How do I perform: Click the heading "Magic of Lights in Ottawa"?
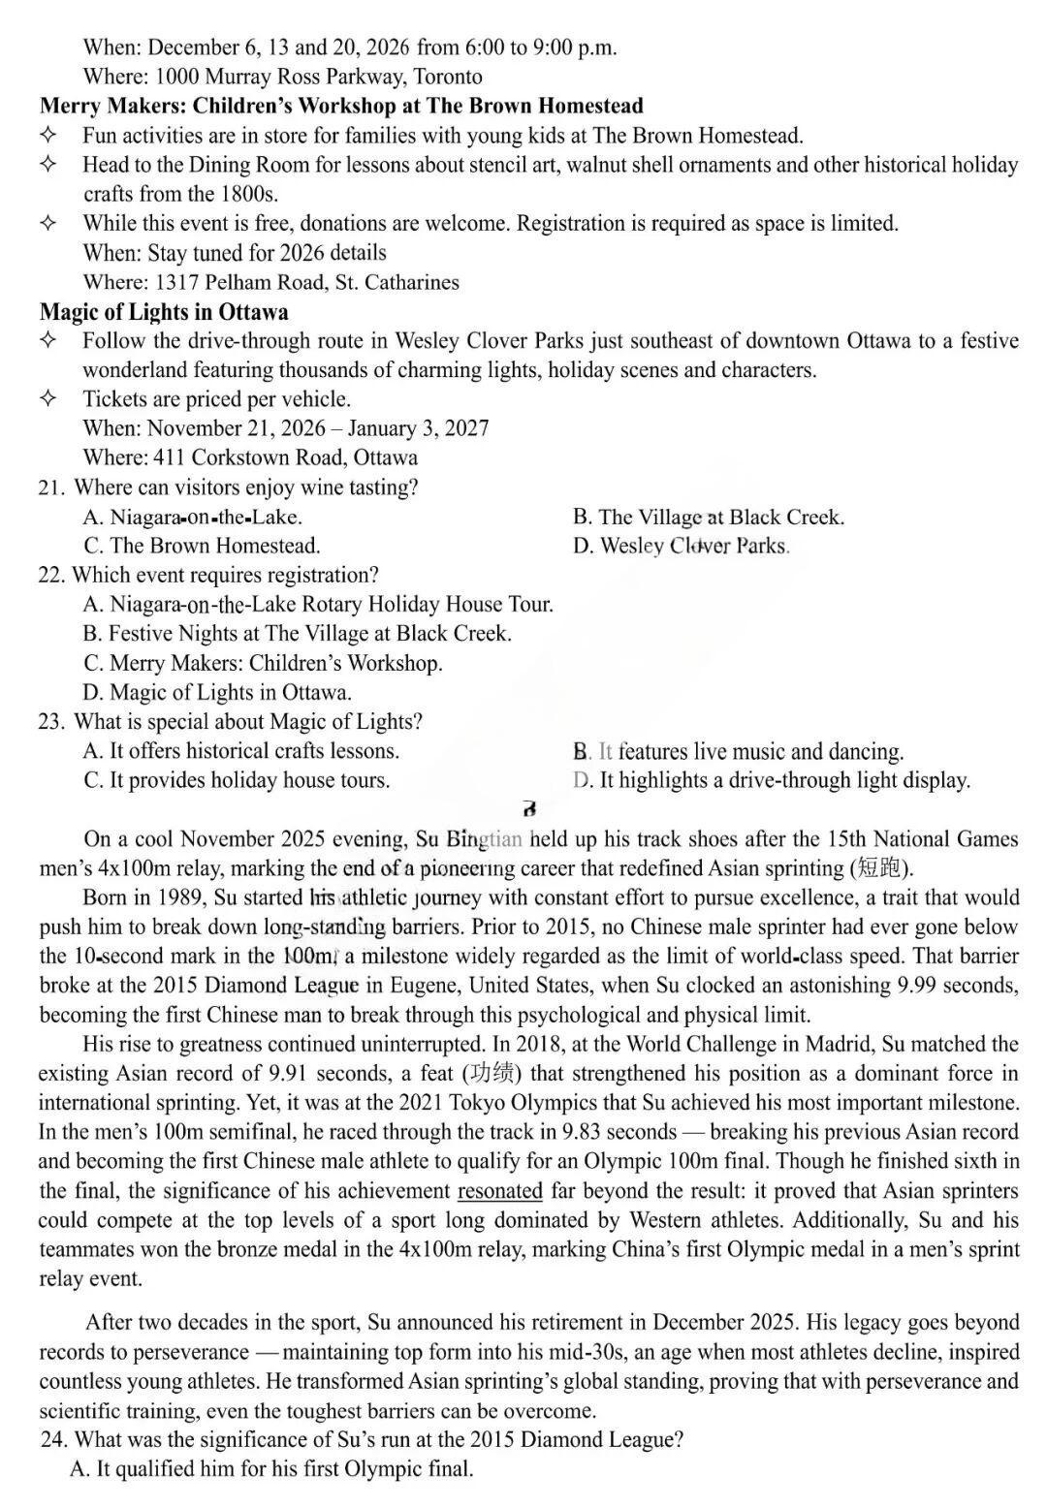164,312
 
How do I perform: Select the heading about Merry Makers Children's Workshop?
341,106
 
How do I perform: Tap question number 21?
50,487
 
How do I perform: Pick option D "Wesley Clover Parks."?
682,546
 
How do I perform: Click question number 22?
50,576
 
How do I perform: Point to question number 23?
50,722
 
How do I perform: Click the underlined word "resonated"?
499,1190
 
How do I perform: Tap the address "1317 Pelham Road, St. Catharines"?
305,283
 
